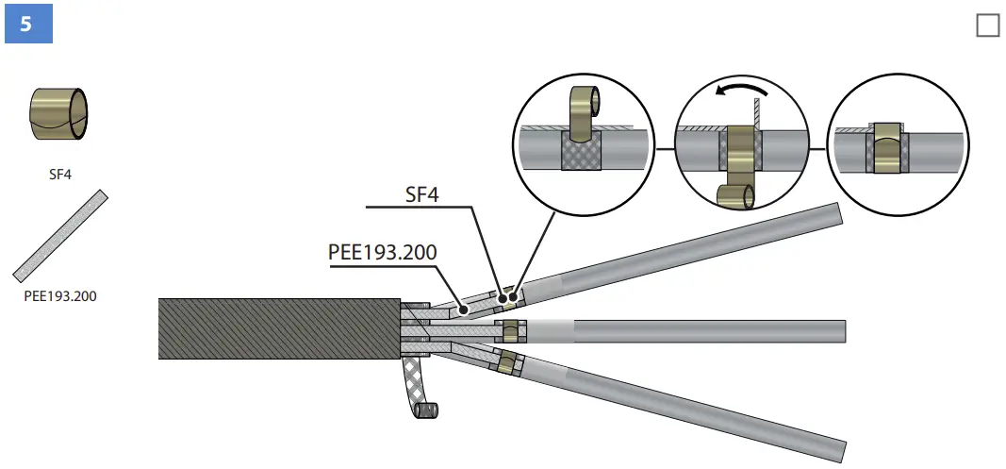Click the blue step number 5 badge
point(26,24)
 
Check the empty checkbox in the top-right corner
point(987,25)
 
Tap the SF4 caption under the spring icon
point(60,174)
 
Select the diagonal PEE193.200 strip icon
point(60,236)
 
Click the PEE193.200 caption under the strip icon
point(60,295)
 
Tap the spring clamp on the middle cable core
point(511,331)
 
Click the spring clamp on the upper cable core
point(510,298)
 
